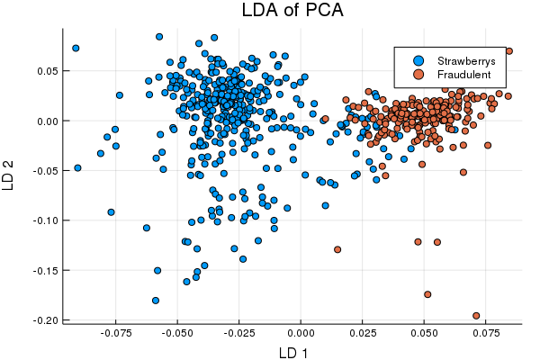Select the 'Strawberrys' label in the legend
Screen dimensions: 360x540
tap(464, 59)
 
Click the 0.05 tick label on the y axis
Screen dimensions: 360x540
tap(47, 70)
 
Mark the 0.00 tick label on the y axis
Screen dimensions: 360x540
tap(47, 121)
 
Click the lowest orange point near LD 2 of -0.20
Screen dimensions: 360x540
tap(476, 316)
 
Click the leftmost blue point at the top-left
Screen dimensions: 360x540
tap(76, 49)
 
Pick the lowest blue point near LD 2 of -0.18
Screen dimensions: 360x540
tap(156, 301)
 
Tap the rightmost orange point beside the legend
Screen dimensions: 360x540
tap(508, 51)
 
